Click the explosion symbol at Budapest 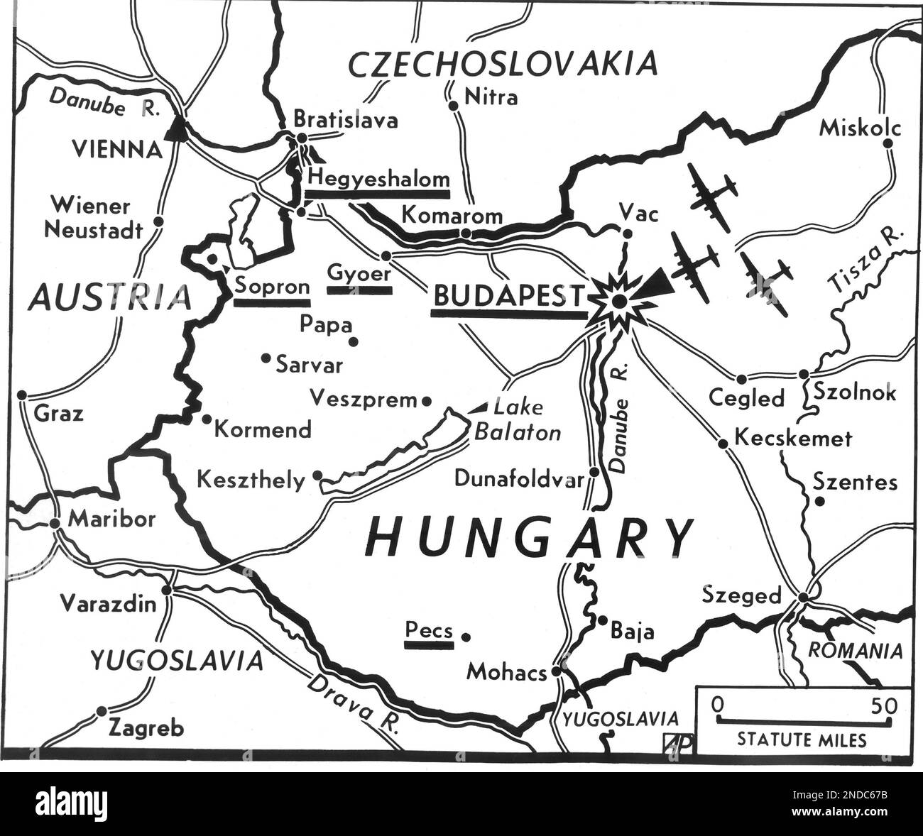coord(620,302)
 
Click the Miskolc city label coord(859,128)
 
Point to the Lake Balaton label coord(518,420)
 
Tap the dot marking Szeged coord(803,597)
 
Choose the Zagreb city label coord(146,728)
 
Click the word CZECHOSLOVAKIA coord(503,65)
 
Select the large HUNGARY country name coord(529,538)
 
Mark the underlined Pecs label coord(429,629)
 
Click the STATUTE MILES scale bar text coord(802,740)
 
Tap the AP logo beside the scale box coord(678,742)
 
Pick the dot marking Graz coord(23,395)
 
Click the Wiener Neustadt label coord(92,218)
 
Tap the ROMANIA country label coord(856,651)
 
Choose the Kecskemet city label coord(792,439)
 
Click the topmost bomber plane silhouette coord(712,194)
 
